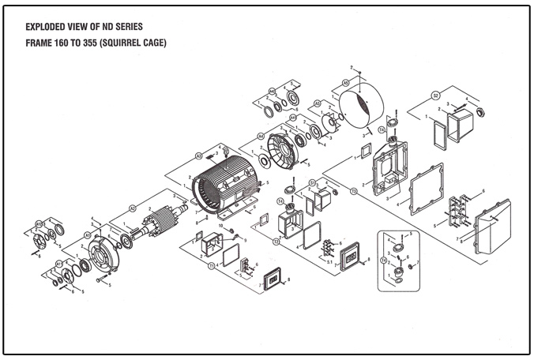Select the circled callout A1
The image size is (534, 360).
pyautogui.click(x=88, y=235)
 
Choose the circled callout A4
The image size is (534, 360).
pyautogui.click(x=260, y=135)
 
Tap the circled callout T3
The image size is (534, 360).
pyautogui.click(x=353, y=191)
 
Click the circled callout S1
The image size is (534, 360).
pyautogui.click(x=313, y=182)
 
